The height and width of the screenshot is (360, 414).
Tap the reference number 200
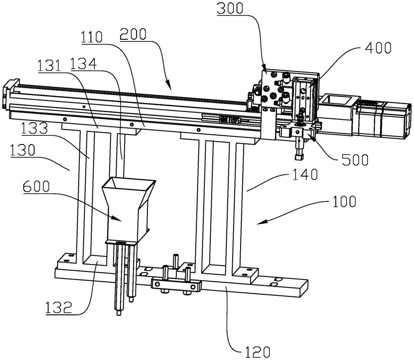(133, 34)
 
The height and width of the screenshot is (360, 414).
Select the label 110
(91, 37)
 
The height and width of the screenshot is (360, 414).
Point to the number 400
(378, 48)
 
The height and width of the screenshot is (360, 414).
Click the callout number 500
(355, 159)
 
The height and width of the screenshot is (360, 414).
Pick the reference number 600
(36, 187)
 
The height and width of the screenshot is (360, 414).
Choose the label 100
(344, 202)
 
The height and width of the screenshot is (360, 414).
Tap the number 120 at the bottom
(258, 352)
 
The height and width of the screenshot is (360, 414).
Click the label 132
(58, 307)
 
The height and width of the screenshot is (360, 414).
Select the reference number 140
(305, 175)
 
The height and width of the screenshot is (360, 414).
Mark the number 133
(35, 129)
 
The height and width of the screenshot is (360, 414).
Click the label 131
(49, 66)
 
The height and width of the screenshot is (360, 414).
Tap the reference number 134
(84, 64)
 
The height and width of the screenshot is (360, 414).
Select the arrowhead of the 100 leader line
(260, 222)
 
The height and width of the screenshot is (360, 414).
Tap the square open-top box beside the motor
(338, 100)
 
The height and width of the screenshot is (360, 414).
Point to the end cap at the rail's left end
(11, 94)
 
